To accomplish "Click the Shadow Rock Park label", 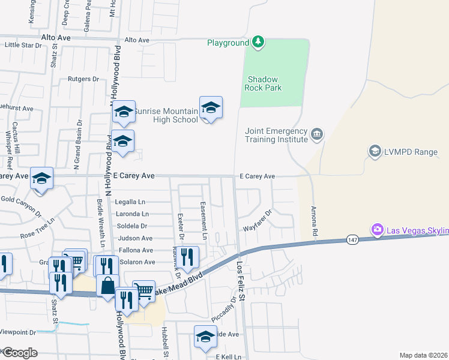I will pos(265,83).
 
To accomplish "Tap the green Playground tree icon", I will pos(258,41).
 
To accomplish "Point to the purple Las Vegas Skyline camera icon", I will pos(378,229).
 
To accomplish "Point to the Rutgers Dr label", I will pos(83,79).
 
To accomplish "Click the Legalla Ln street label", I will pos(130,202).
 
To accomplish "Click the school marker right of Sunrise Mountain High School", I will pos(211,108).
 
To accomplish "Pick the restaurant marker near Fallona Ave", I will pos(188,257).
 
